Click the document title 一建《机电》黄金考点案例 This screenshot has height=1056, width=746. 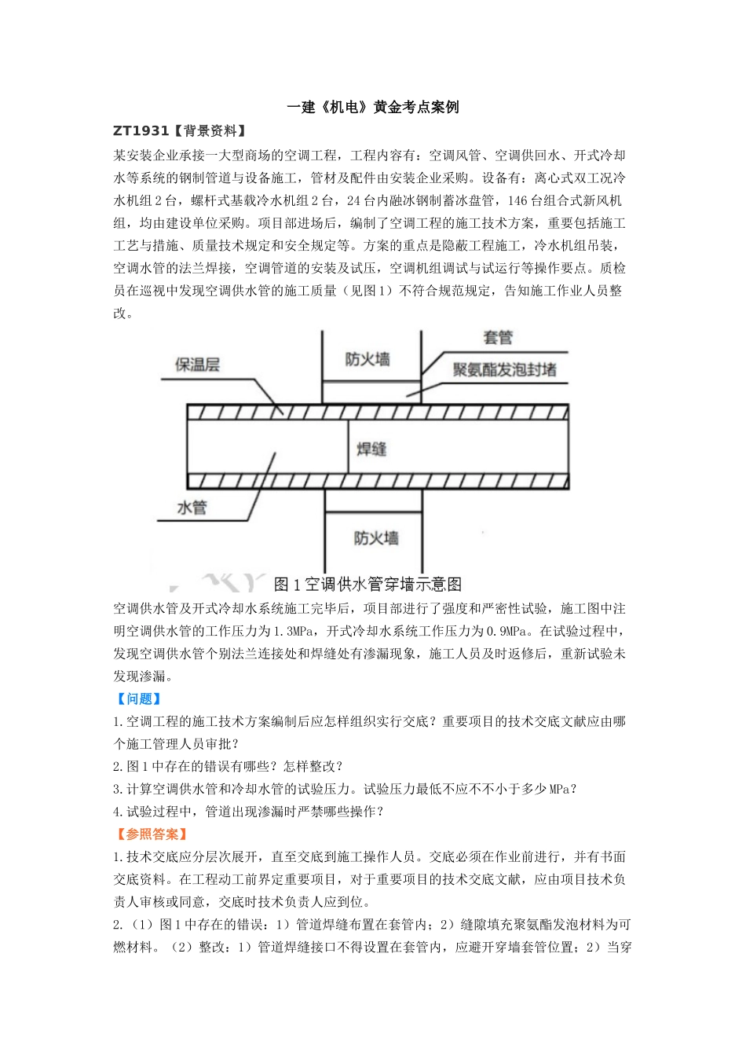tap(372, 108)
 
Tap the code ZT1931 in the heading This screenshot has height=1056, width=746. tap(141, 131)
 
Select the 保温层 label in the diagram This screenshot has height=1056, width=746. tap(197, 365)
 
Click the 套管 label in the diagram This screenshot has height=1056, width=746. tap(498, 338)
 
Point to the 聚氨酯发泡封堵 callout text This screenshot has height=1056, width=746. tap(504, 369)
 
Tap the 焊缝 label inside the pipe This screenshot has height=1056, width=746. tap(371, 449)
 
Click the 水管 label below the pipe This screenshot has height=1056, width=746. tap(192, 508)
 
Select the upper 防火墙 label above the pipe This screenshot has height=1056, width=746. tap(367, 360)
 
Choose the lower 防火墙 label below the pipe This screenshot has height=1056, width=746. tap(375, 538)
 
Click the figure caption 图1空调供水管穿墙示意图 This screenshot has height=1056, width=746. tap(368, 585)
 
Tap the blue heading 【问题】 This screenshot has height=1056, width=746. tap(138, 698)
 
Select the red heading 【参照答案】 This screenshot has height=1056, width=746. tap(152, 834)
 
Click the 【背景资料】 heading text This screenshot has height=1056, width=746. tap(210, 131)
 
